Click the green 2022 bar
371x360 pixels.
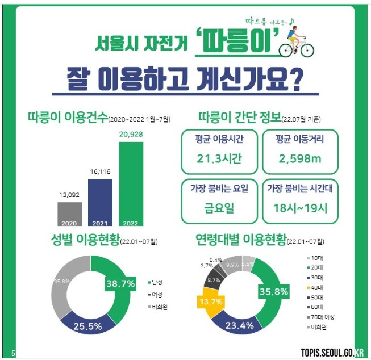(131, 184)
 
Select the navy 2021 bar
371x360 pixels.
(101, 202)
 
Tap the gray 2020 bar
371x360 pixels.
(69, 214)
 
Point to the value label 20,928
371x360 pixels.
(131, 135)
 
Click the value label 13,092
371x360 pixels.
(69, 195)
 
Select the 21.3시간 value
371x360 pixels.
(219, 158)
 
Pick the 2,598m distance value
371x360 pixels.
(300, 159)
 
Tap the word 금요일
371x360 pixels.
(219, 208)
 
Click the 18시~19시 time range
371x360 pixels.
(300, 208)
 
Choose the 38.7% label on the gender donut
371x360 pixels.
(120, 283)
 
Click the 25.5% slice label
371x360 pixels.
(87, 326)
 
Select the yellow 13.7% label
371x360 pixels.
(211, 302)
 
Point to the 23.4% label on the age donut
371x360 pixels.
(239, 325)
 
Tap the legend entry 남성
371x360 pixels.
(155, 282)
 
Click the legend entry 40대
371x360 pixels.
(315, 288)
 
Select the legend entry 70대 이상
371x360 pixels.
(321, 317)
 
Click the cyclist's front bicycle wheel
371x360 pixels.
(307, 50)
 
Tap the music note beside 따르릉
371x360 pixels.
(291, 21)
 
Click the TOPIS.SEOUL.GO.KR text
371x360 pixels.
(332, 353)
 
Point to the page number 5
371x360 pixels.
(13, 353)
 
